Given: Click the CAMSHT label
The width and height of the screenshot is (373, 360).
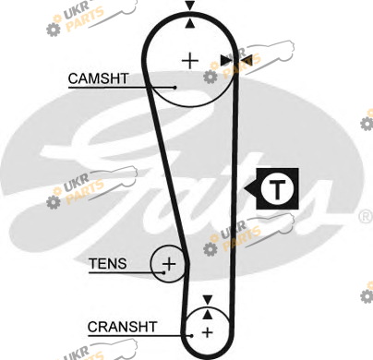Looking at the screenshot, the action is coord(98,78).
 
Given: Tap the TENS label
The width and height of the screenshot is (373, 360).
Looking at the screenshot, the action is coord(108,264).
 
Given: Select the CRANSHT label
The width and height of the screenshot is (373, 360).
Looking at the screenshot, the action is coord(122,327).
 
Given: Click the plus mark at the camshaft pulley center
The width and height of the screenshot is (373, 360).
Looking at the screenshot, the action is coord(190,61).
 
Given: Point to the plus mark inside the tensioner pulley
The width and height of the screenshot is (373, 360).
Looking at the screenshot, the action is coord(169,264).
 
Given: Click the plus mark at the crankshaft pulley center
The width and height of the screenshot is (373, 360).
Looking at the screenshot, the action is coord(208,332).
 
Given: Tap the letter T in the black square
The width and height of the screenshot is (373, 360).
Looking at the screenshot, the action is coord(277,188).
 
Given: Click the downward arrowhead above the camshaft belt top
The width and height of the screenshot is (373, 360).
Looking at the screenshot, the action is coord(190,6).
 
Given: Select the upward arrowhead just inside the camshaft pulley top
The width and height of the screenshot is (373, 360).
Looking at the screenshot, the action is coord(190,23).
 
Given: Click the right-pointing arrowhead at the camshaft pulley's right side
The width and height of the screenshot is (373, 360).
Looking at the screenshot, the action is coord(226,60).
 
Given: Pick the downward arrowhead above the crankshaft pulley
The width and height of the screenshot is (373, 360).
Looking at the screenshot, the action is coord(208,300).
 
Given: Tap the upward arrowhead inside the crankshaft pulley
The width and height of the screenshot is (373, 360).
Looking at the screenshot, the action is coord(208,314).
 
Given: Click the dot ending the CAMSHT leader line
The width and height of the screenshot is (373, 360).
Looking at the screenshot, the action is coord(174,88).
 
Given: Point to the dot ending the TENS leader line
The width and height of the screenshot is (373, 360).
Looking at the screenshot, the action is coord(164,272).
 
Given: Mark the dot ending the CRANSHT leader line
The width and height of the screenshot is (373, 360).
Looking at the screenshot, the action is coord(191,336).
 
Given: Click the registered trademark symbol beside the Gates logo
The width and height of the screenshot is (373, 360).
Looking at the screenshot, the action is coord(366,217).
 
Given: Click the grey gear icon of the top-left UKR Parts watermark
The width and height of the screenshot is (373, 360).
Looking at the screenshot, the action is coord(54,30).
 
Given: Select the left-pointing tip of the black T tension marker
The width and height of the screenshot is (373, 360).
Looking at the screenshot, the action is coord(244,188).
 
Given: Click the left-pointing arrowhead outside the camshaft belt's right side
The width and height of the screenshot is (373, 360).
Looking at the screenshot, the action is coord(247,60).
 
